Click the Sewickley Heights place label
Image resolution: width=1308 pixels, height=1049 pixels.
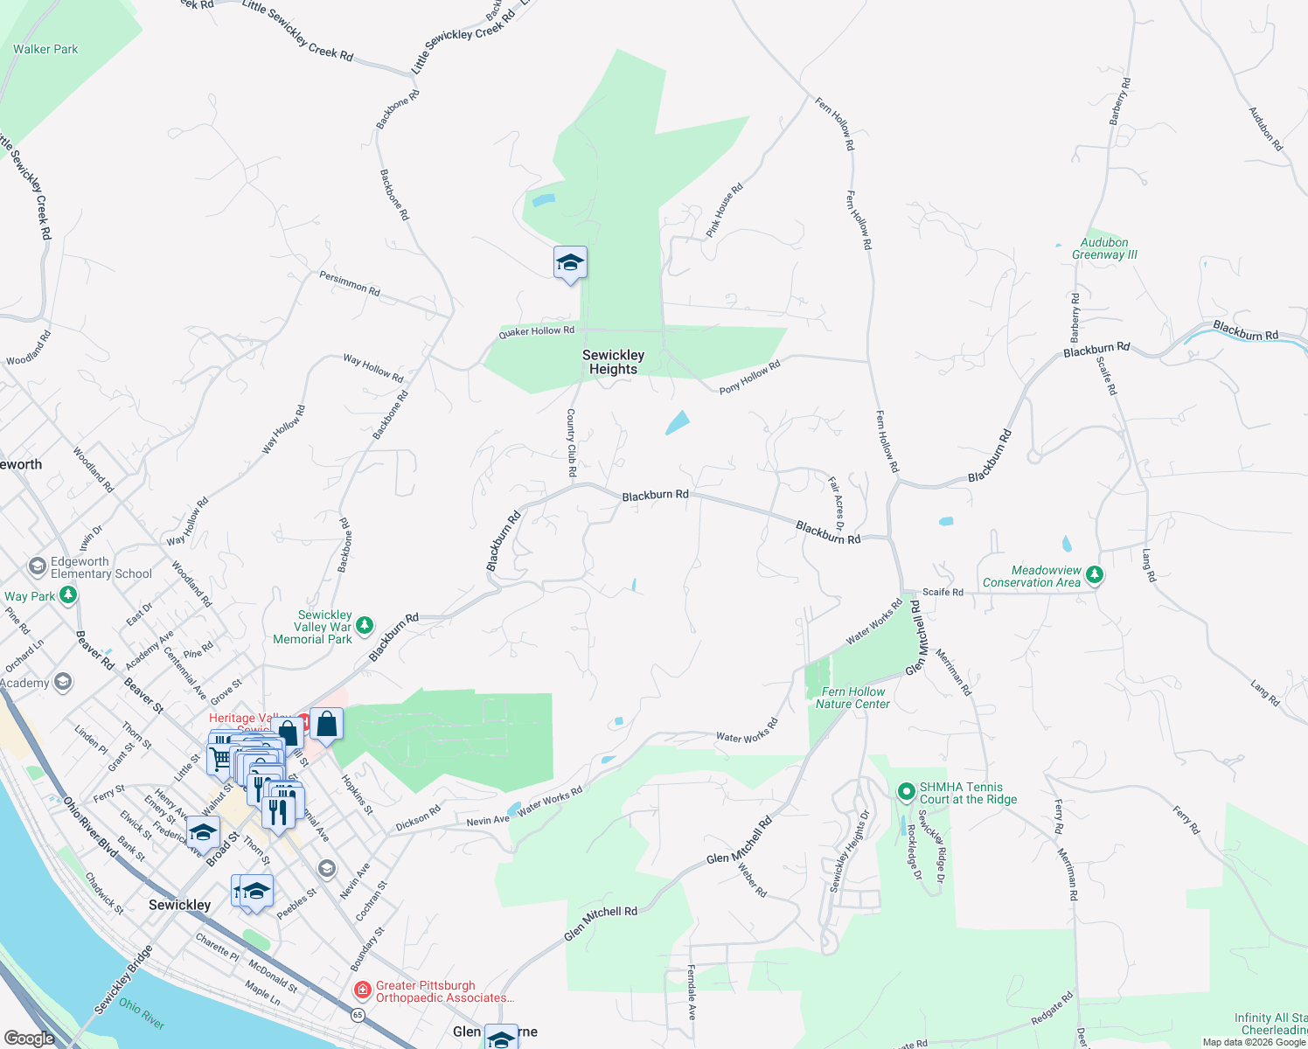[x=613, y=362]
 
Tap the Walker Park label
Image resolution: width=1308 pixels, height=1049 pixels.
[x=45, y=49]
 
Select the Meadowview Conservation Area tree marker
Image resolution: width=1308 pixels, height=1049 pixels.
[x=1095, y=576]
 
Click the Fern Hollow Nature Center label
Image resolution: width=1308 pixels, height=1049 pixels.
[x=852, y=698]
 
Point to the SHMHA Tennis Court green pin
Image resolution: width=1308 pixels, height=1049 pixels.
[x=907, y=793]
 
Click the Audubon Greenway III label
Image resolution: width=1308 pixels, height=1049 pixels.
[x=1104, y=249]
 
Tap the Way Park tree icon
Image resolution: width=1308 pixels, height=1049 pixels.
[x=68, y=595]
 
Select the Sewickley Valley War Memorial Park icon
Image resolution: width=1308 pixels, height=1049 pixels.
[x=365, y=626]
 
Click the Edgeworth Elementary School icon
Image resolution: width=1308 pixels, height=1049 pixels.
[x=38, y=567]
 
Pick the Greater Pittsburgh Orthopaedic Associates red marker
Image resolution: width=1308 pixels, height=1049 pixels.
[x=362, y=990]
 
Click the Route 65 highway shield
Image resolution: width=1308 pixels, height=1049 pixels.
[x=358, y=1015]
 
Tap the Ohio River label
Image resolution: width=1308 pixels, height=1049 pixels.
[x=142, y=1013]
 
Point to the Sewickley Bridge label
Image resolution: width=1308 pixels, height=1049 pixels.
[x=123, y=980]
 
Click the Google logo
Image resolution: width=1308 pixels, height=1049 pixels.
[x=29, y=1039]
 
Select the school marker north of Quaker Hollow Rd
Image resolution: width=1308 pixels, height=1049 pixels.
[x=570, y=263]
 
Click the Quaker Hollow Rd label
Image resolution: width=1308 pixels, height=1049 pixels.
[x=537, y=331]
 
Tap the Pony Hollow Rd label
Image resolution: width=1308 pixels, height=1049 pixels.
[x=749, y=378]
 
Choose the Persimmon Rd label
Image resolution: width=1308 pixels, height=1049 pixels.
[x=350, y=283]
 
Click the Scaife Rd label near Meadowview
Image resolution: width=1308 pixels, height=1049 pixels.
[x=943, y=592]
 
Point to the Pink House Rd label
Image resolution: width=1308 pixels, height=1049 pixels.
[x=724, y=211]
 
